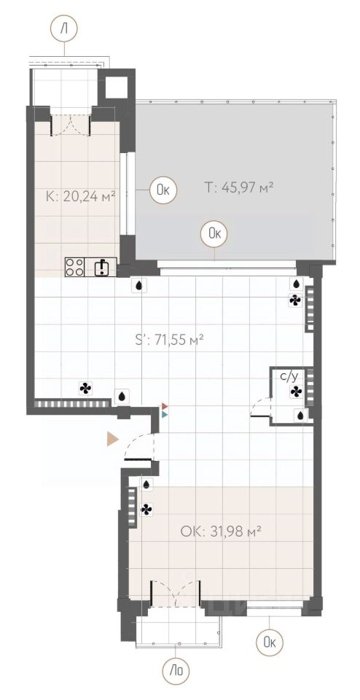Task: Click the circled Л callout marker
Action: (64, 29)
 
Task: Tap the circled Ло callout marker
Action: (177, 671)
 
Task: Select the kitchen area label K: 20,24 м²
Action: (81, 195)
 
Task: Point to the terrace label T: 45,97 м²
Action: (239, 187)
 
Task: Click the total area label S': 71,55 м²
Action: (169, 340)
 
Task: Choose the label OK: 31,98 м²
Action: (221, 531)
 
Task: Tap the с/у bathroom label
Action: (288, 377)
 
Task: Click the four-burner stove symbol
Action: (75, 267)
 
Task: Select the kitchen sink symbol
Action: (101, 267)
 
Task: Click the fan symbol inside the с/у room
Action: (296, 392)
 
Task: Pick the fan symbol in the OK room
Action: (147, 509)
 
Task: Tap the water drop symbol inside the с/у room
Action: (301, 415)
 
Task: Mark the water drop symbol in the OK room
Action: (147, 484)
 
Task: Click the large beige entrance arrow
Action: (112, 439)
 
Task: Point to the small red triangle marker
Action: (165, 406)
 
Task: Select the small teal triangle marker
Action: (165, 414)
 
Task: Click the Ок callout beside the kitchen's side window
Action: (163, 191)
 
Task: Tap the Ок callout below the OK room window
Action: (269, 642)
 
